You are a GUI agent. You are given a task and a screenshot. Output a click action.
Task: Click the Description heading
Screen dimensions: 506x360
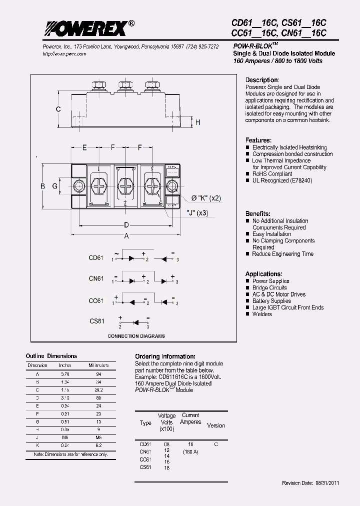[x=261, y=80]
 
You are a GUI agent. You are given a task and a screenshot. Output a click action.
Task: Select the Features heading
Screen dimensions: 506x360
[x=258, y=140]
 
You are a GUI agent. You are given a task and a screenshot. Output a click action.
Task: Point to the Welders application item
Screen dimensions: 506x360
[x=262, y=314]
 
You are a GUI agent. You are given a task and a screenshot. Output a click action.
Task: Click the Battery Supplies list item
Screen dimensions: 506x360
[x=271, y=301]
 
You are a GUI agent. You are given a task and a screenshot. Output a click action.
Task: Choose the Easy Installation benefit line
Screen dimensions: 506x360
[x=271, y=234]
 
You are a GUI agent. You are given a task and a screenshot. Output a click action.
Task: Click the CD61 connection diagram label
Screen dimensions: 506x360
[x=96, y=258]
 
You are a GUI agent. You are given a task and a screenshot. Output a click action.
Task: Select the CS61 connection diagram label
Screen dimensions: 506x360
[x=96, y=321]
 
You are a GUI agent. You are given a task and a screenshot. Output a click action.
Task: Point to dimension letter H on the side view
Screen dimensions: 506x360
[x=197, y=122]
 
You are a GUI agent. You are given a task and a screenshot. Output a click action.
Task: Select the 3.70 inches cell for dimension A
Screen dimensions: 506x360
[x=65, y=373]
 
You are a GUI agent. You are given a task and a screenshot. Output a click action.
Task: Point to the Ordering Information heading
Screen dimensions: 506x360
[x=165, y=356]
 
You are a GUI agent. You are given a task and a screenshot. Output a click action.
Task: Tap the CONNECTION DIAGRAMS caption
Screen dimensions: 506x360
[x=136, y=336]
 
